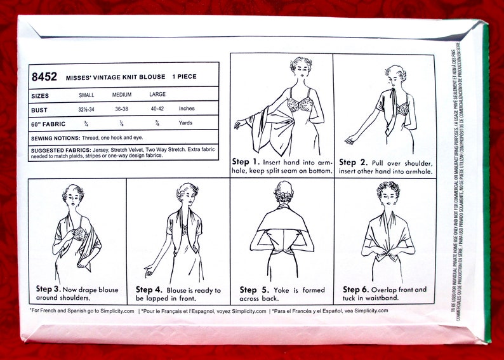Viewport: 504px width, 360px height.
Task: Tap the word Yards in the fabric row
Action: (x=187, y=123)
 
